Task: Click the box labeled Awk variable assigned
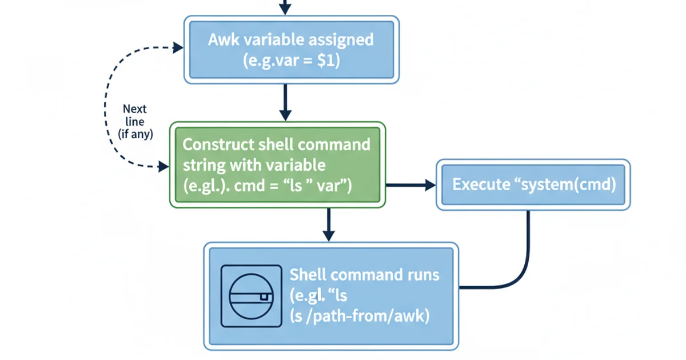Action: pyautogui.click(x=291, y=50)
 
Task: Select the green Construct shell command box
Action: pyautogui.click(x=278, y=165)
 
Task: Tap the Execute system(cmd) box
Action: pyautogui.click(x=534, y=185)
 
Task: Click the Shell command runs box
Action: pyautogui.click(x=331, y=295)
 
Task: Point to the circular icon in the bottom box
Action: pyautogui.click(x=251, y=295)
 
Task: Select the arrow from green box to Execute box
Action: pyautogui.click(x=410, y=185)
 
